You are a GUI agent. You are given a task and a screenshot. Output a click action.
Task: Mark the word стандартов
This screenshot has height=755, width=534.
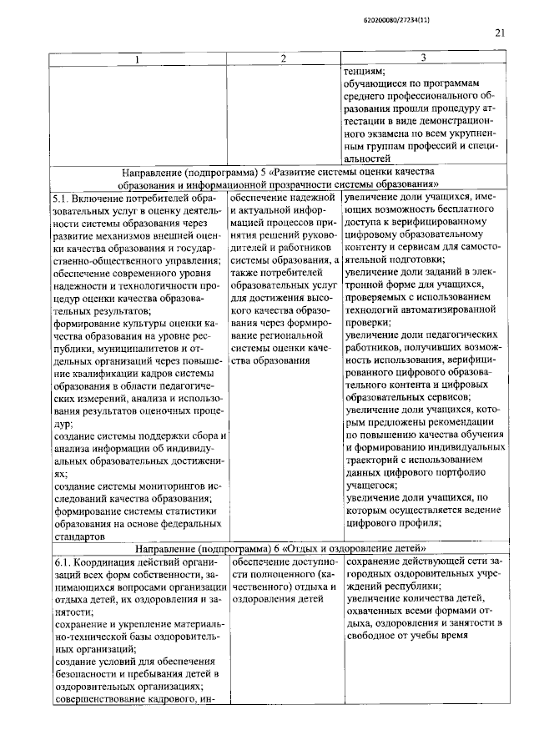[81, 538]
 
